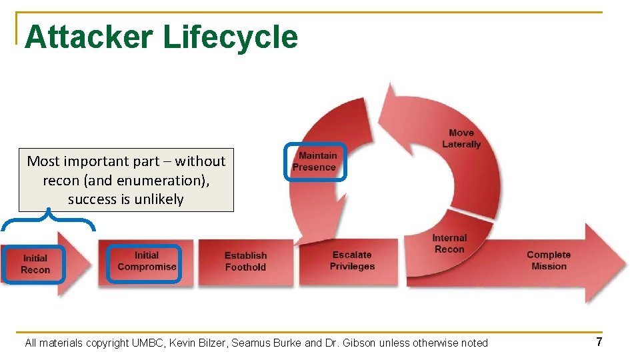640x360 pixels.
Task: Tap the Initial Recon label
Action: (x=35, y=264)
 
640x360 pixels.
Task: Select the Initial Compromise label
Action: (x=147, y=261)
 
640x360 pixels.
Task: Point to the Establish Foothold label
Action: (x=245, y=261)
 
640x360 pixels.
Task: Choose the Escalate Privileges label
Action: (x=352, y=261)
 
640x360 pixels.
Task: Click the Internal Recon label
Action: (x=449, y=243)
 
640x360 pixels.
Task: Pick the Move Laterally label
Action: (x=461, y=139)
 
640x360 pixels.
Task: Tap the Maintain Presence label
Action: (x=316, y=161)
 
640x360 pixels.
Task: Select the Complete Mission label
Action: (x=549, y=260)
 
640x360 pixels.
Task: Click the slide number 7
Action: (x=599, y=342)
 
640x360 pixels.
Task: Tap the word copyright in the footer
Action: (x=107, y=343)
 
